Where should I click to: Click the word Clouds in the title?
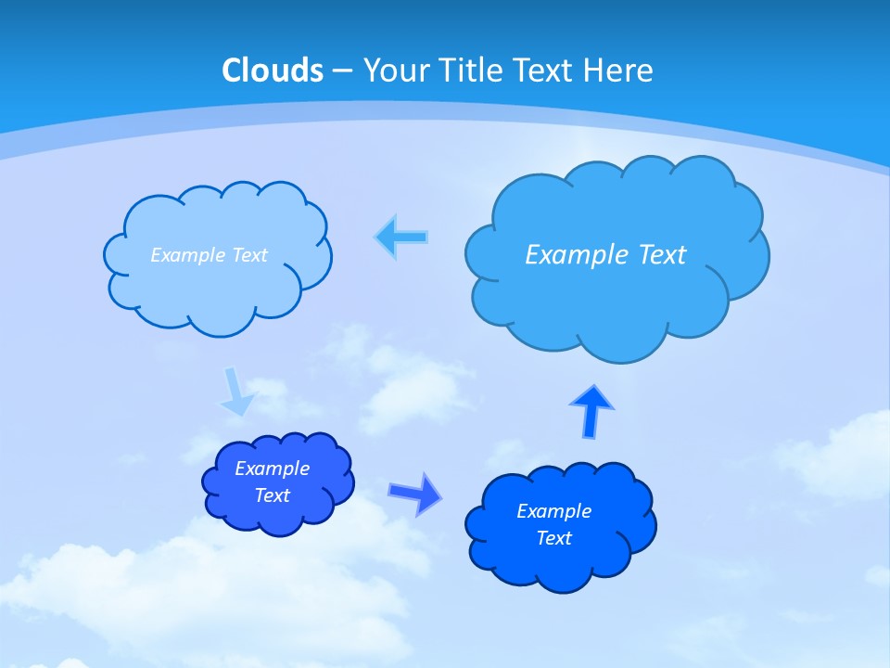click(x=272, y=71)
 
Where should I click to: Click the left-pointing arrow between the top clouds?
click(x=401, y=238)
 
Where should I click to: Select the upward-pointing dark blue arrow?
click(x=591, y=410)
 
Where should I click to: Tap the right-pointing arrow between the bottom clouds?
click(x=415, y=494)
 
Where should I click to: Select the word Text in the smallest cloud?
click(x=273, y=495)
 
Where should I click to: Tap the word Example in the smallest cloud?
click(x=273, y=469)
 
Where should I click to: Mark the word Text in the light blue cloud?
click(x=249, y=255)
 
